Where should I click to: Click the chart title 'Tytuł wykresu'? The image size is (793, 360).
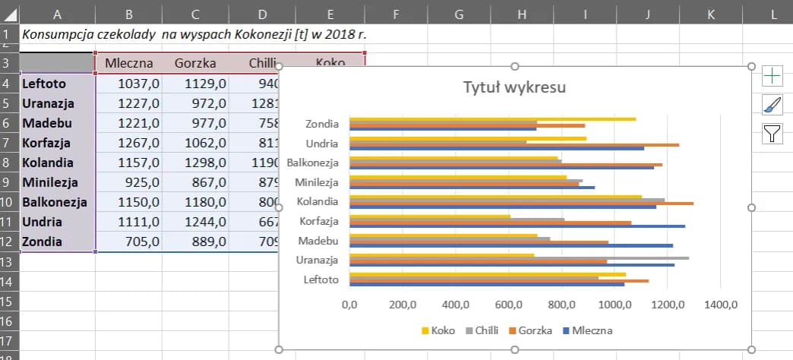click(x=515, y=88)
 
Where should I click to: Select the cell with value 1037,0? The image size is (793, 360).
click(x=129, y=84)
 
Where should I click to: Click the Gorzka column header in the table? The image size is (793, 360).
click(x=195, y=63)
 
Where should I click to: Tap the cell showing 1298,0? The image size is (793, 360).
click(x=195, y=163)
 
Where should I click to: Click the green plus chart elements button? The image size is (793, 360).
click(x=772, y=75)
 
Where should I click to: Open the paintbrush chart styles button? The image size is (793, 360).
click(x=772, y=105)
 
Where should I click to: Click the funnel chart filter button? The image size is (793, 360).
click(x=772, y=134)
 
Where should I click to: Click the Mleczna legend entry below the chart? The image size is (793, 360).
click(x=586, y=330)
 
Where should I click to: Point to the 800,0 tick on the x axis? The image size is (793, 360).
click(x=561, y=305)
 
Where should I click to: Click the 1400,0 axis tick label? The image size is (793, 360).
click(x=721, y=305)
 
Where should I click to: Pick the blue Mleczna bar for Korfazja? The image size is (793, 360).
click(x=517, y=226)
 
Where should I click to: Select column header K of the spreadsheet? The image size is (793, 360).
click(x=710, y=13)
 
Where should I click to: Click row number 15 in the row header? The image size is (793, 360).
click(x=9, y=302)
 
